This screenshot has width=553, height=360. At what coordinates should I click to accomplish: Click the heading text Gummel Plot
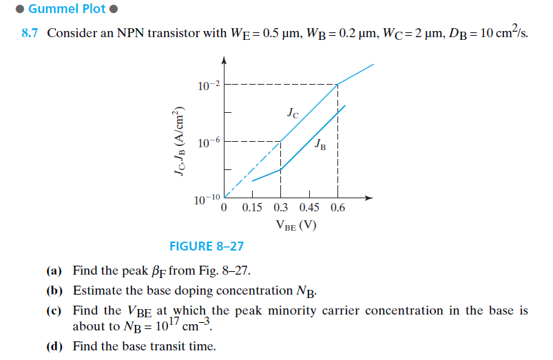(67, 10)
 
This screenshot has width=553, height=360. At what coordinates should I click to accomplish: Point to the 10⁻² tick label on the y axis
(208, 85)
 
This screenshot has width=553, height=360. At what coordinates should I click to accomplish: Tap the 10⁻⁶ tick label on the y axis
(208, 142)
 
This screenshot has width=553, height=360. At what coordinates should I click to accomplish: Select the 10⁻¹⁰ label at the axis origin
(206, 200)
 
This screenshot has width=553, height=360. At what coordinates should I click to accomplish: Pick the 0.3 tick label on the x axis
(281, 207)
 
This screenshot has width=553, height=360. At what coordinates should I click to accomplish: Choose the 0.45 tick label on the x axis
(310, 207)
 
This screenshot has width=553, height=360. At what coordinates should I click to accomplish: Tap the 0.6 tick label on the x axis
(337, 207)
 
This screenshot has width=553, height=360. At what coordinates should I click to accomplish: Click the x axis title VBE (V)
(295, 224)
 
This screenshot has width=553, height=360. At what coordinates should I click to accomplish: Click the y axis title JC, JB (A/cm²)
(180, 142)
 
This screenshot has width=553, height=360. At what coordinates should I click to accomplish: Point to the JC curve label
(293, 114)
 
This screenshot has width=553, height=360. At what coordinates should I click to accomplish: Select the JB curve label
(320, 145)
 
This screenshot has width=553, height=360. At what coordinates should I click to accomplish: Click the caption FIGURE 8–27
(207, 246)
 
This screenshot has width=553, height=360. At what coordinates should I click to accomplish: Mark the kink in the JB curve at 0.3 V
(280, 169)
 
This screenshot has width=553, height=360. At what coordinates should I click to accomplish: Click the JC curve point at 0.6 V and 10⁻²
(337, 84)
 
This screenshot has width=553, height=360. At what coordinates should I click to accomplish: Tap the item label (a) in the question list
(54, 270)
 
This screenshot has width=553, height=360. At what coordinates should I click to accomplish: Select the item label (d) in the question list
(54, 346)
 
